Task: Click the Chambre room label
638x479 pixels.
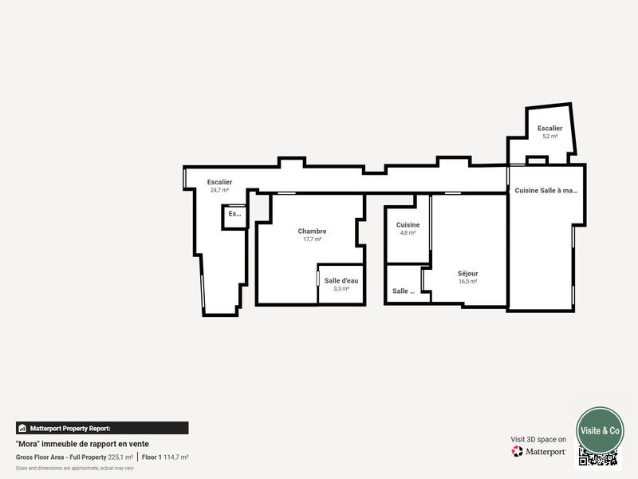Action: pos(312,232)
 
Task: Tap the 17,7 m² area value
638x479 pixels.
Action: pos(312,239)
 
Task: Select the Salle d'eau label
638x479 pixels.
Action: pos(341,280)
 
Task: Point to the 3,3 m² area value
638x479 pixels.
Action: pos(341,288)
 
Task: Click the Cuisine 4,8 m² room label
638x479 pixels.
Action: pos(408,225)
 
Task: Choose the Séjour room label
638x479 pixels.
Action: pos(468,273)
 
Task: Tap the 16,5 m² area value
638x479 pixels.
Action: pos(468,281)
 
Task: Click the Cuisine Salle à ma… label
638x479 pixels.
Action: pos(546,190)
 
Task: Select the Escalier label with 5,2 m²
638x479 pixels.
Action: pos(549,128)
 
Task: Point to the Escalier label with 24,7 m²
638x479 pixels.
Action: pos(219,182)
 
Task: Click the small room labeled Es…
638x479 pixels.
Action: pos(234,214)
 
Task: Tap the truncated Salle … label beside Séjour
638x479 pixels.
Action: pos(404,291)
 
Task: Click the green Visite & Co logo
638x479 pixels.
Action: pos(600,430)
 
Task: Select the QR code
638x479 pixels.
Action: pos(598,457)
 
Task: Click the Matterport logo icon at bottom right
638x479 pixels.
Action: pos(518,452)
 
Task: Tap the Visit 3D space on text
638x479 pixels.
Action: pos(538,439)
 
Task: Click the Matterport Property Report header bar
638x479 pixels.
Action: pos(102,428)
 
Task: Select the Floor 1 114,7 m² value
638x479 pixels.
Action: pos(165,457)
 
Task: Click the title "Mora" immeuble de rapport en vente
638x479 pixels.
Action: pos(82,444)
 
